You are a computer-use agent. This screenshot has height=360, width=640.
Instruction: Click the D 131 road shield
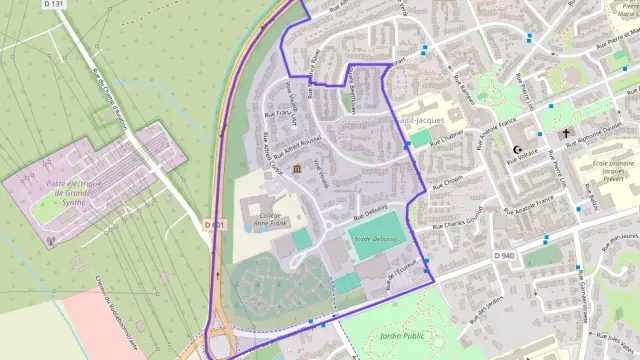tap(54, 5)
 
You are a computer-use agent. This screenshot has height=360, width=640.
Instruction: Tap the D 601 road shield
tap(214, 225)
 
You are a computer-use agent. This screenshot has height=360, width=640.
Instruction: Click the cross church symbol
tap(565, 133)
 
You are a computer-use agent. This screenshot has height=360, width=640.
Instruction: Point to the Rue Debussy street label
tap(369, 212)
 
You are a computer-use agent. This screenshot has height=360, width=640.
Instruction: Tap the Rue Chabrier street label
tap(448, 137)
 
